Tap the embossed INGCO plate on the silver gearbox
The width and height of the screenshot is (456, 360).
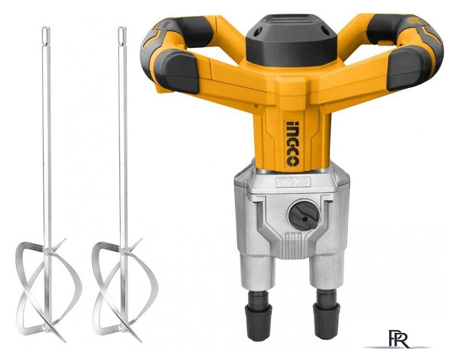point(294,182)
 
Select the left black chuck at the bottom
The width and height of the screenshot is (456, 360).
point(259,316)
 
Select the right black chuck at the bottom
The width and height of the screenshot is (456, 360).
point(326,314)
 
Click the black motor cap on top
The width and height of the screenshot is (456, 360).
point(291,41)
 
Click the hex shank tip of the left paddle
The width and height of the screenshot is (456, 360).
point(46,35)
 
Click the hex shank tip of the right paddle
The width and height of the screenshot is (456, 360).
point(122,35)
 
